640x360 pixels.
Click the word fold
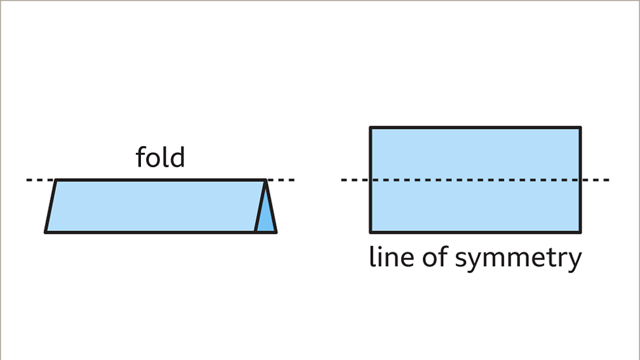coord(160,157)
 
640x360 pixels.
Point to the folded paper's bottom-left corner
coord(46,232)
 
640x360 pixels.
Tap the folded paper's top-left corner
coord(57,180)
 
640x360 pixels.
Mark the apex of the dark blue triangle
coord(266,182)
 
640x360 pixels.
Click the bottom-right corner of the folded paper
coord(276,232)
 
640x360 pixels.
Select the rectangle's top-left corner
coord(371,128)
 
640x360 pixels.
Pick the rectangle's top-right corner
coord(580,128)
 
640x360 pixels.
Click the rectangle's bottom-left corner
coord(371,232)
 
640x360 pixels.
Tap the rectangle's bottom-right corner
coord(580,232)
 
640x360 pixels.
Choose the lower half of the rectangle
coord(475,206)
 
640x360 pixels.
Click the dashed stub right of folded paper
coord(282,180)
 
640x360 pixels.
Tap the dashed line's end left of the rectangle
coord(343,180)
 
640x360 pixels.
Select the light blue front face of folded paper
coord(152,206)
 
